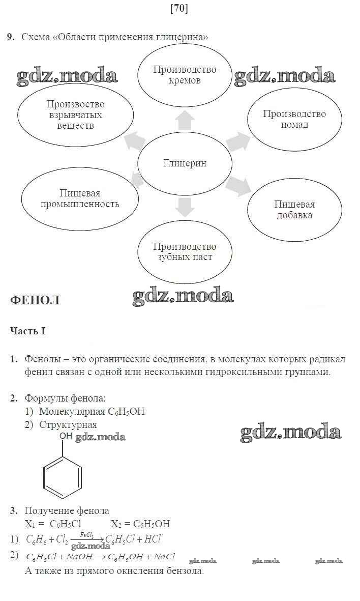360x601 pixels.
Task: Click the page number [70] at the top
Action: [179, 9]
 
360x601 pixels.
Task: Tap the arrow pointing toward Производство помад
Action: [238, 142]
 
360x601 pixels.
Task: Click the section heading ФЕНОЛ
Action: [35, 300]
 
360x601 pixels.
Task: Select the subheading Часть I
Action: [27, 331]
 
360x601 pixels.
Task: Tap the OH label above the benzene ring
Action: [66, 436]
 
